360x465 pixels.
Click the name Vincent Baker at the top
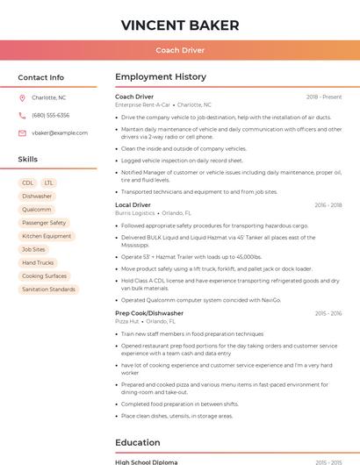(x=180, y=25)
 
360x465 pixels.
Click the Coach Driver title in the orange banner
(x=180, y=50)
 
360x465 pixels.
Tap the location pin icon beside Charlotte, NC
(x=22, y=97)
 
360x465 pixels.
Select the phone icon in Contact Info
(x=22, y=115)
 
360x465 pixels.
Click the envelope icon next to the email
(x=22, y=132)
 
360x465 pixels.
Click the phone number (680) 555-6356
(x=50, y=115)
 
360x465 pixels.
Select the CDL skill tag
(x=28, y=182)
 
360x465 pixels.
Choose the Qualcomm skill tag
(x=37, y=210)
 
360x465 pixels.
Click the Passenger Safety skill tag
(x=44, y=223)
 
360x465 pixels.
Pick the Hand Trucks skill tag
(x=38, y=262)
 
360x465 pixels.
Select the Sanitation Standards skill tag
(x=48, y=289)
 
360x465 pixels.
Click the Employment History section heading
(x=161, y=77)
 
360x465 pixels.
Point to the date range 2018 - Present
(x=324, y=97)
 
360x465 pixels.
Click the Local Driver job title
(x=133, y=204)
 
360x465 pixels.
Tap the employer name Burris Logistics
(x=134, y=213)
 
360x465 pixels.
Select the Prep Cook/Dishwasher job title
(x=149, y=313)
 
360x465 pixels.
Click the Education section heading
(x=137, y=443)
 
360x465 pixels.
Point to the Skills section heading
(x=28, y=160)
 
